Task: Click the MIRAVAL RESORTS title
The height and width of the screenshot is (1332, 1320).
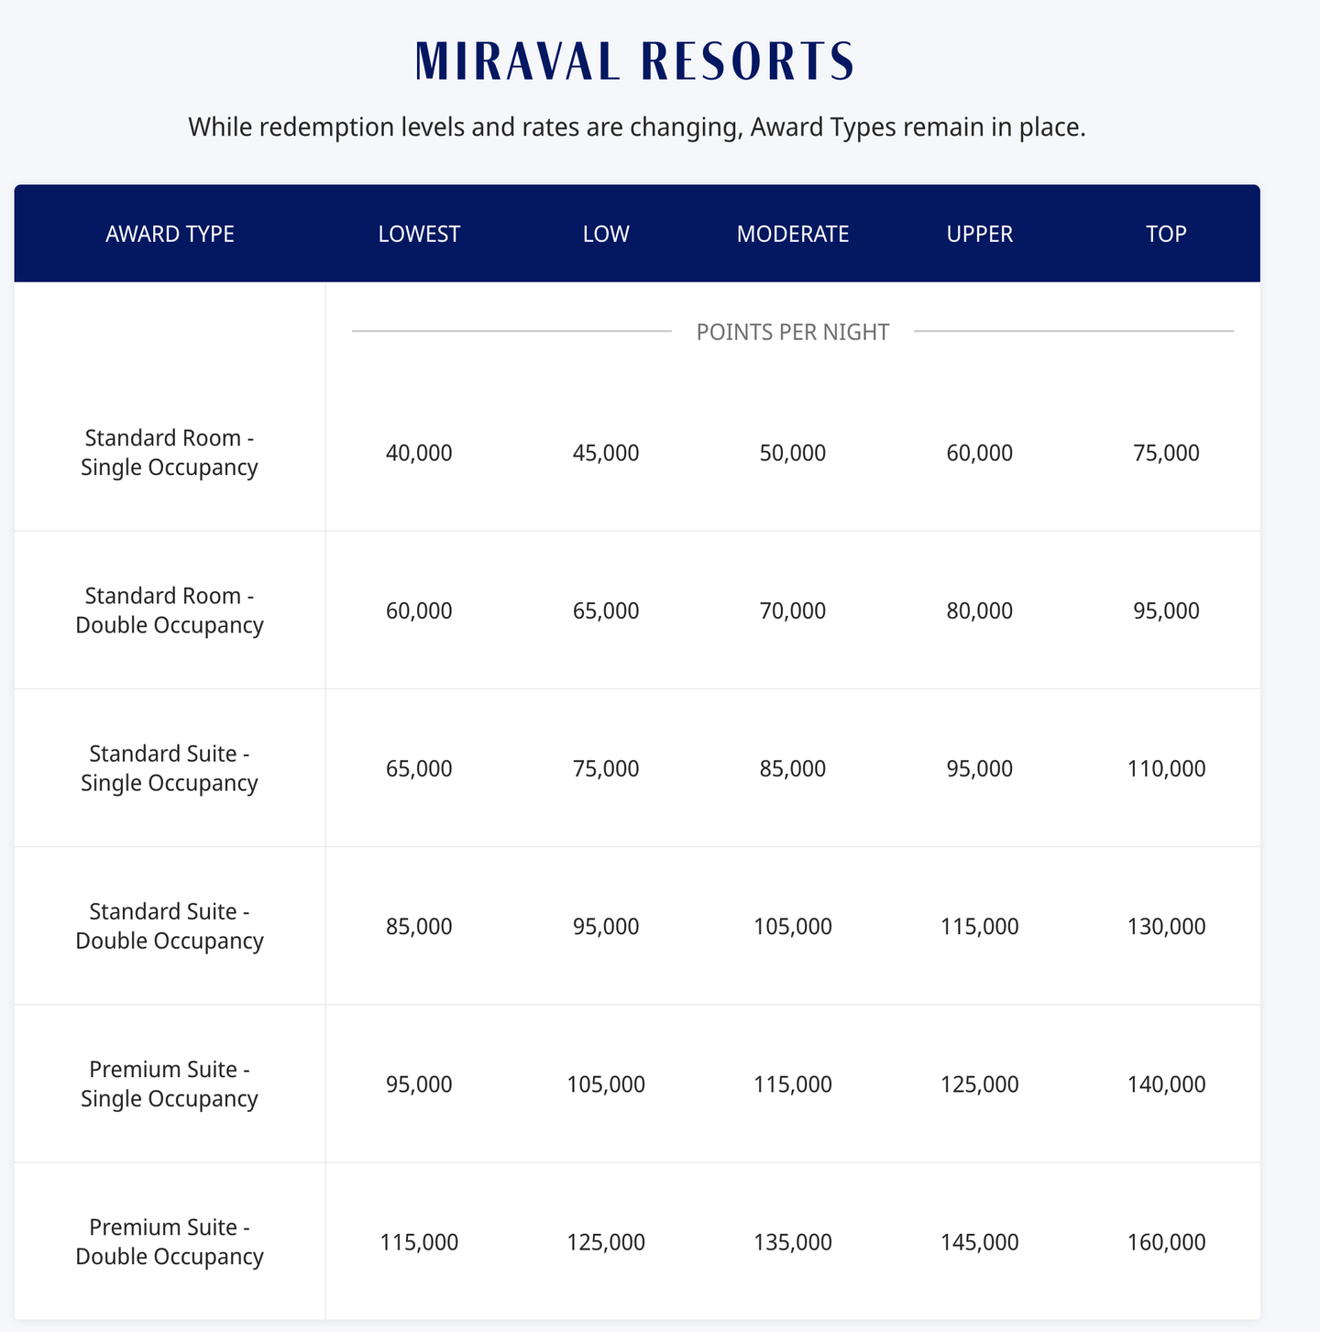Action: pyautogui.click(x=635, y=62)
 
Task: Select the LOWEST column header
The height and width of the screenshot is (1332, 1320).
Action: pyautogui.click(x=419, y=234)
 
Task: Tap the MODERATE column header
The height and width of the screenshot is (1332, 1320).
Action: pyautogui.click(x=793, y=234)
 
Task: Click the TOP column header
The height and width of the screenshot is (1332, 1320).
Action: pyautogui.click(x=1166, y=234)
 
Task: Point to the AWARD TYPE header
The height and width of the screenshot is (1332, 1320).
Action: pyautogui.click(x=170, y=234)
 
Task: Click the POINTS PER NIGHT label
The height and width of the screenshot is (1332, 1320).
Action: pyautogui.click(x=793, y=332)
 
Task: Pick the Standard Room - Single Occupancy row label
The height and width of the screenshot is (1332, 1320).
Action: pyautogui.click(x=170, y=453)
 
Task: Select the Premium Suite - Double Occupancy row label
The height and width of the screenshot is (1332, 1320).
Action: pyautogui.click(x=170, y=1242)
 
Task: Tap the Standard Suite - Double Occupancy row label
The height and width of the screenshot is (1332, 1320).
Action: pyautogui.click(x=170, y=926)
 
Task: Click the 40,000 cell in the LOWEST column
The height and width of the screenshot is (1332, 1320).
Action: pyautogui.click(x=419, y=453)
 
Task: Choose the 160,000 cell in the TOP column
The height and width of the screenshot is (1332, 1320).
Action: pyautogui.click(x=1166, y=1242)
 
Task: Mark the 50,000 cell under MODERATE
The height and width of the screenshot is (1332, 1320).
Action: pyautogui.click(x=793, y=453)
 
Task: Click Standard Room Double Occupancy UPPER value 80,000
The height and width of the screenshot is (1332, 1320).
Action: pyautogui.click(x=980, y=611)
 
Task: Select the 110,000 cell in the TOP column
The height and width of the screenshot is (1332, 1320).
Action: pyautogui.click(x=1166, y=768)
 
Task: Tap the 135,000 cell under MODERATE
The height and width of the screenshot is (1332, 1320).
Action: pyautogui.click(x=793, y=1242)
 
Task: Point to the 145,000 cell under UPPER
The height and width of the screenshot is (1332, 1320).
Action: pyautogui.click(x=980, y=1242)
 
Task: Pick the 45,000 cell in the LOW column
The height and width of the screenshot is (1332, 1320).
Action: pyautogui.click(x=606, y=453)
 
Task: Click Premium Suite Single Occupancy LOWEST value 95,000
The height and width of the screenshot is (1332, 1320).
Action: pyautogui.click(x=419, y=1084)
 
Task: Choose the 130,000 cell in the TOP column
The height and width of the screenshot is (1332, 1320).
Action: pyautogui.click(x=1166, y=926)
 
